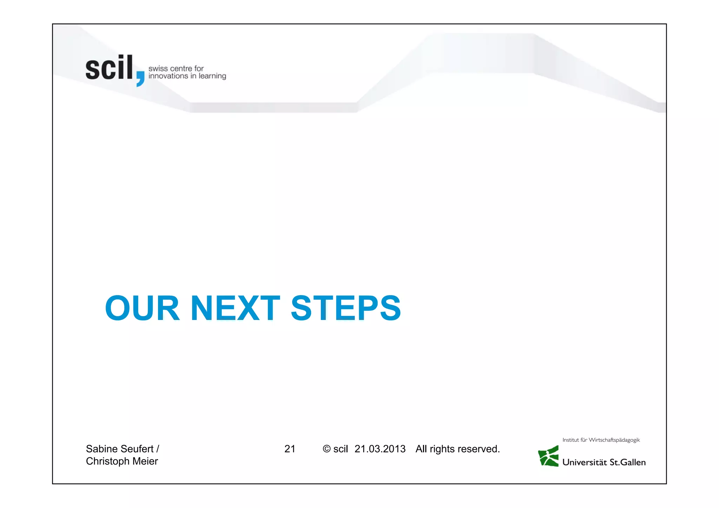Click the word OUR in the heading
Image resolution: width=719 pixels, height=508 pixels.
click(x=142, y=308)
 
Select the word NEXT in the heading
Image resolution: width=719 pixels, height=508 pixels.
click(x=235, y=308)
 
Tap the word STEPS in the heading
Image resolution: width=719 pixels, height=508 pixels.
click(x=346, y=308)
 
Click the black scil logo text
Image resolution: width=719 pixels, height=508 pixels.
click(x=109, y=68)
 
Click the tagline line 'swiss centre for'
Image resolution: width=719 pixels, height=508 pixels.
click(x=176, y=68)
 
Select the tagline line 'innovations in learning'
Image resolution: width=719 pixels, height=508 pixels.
click(x=187, y=76)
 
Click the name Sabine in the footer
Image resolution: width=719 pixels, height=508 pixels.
click(x=102, y=449)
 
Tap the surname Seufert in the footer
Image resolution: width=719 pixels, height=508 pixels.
click(x=137, y=449)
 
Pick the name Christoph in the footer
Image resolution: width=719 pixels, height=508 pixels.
click(x=108, y=461)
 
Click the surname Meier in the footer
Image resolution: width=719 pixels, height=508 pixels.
click(x=145, y=461)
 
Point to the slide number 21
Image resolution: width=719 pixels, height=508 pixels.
click(x=290, y=449)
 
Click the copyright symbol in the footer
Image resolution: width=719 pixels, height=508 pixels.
click(x=326, y=449)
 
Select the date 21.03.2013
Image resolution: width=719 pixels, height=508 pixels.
click(x=380, y=449)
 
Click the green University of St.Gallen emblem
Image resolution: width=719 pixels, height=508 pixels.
click(x=548, y=456)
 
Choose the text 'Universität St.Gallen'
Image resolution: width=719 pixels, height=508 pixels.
click(x=604, y=462)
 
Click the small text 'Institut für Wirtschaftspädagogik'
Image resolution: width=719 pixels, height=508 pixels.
click(x=601, y=440)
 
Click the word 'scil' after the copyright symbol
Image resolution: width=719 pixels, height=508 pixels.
click(x=341, y=449)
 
